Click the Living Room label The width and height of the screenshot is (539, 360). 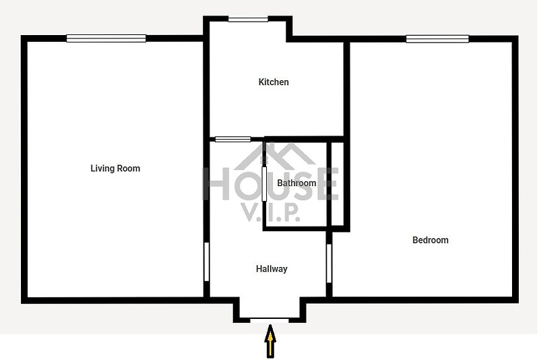coord(115,169)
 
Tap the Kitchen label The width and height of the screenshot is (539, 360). coord(274,82)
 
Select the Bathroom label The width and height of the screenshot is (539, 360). coord(296,183)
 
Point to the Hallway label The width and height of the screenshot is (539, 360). coord(272,268)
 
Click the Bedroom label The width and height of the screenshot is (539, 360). coord(431,240)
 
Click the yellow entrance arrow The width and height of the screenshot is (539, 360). coord(271,341)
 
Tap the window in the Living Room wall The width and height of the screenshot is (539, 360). coord(106,38)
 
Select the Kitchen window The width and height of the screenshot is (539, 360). coord(248,20)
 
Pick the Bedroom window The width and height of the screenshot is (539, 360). coord(437,39)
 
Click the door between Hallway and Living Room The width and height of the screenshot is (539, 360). coord(207,262)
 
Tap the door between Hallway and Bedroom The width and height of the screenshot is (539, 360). coord(329,264)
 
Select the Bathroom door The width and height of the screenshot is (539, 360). coord(264,184)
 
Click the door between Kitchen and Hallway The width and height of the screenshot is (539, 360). coord(232,139)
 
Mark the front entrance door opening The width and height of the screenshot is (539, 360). coord(269,320)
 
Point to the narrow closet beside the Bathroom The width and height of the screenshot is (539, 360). coord(338,184)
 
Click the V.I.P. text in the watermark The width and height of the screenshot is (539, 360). coord(272,213)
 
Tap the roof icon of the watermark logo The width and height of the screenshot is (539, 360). coord(274,156)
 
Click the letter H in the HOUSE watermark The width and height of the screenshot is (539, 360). coord(216,183)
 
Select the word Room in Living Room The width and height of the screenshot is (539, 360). coord(129,169)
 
